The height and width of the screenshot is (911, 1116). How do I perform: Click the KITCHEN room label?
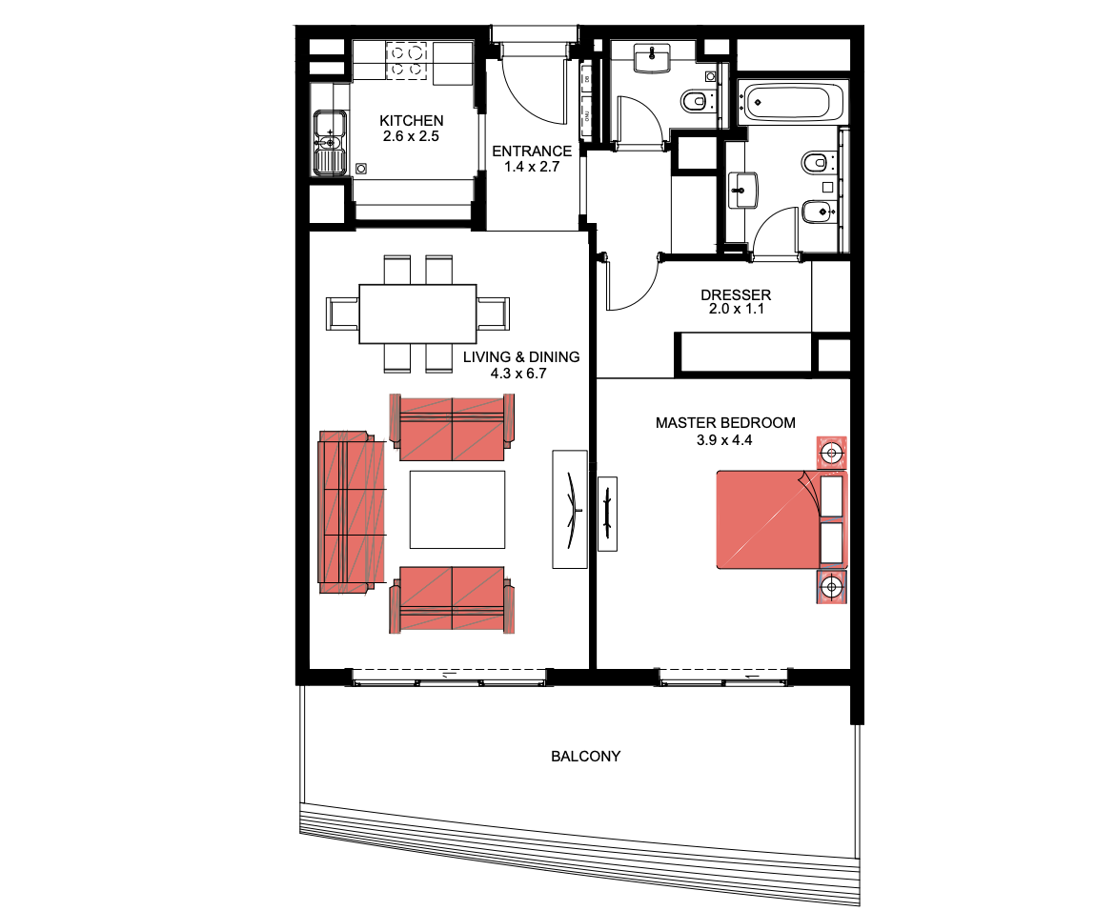(412, 120)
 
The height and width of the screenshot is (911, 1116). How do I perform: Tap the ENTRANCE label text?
(532, 151)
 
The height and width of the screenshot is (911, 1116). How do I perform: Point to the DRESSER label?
(735, 294)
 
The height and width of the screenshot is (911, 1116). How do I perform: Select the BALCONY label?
(586, 756)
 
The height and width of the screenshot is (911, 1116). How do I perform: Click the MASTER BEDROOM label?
(725, 423)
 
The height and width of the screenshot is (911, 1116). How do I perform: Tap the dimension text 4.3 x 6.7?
(518, 373)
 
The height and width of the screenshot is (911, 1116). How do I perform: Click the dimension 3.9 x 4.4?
(724, 440)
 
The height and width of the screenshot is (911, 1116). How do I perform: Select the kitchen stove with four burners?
(406, 60)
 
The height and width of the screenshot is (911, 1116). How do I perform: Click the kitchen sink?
(330, 142)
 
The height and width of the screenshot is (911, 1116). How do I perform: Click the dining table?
(417, 314)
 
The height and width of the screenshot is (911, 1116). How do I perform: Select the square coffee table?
(457, 510)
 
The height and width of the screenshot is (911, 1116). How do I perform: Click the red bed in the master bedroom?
(781, 519)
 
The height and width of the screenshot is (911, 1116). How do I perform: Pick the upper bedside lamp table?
(831, 453)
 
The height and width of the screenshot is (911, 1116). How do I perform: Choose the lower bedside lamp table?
(831, 587)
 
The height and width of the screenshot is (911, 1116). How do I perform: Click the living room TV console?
(570, 509)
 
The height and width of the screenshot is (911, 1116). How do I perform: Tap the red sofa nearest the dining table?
(452, 428)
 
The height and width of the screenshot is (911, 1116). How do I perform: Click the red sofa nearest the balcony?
(452, 599)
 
